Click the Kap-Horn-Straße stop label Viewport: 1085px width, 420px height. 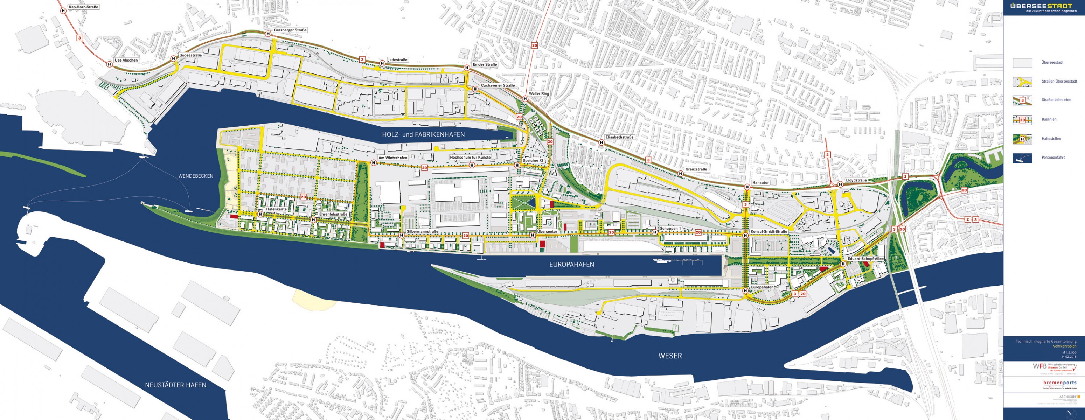(x=83, y=7)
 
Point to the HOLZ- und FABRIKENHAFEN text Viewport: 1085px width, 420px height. (x=423, y=134)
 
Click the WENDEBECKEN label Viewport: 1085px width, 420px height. (x=196, y=176)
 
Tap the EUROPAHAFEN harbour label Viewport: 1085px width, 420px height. (x=572, y=265)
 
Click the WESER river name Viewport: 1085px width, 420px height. (x=670, y=356)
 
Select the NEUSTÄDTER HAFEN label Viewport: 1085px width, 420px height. (x=176, y=385)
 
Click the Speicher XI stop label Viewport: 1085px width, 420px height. (x=533, y=161)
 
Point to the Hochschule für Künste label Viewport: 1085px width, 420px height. (x=470, y=157)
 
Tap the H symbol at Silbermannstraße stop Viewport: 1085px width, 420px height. (x=402, y=235)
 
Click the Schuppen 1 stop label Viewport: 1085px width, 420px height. (x=670, y=228)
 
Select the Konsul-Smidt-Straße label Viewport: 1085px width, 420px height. (x=769, y=232)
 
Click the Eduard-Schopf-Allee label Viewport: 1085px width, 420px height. (x=865, y=259)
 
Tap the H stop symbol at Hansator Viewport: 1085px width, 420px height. (x=747, y=187)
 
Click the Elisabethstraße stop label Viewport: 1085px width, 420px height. (x=619, y=137)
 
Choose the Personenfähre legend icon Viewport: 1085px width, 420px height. (x=1022, y=157)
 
